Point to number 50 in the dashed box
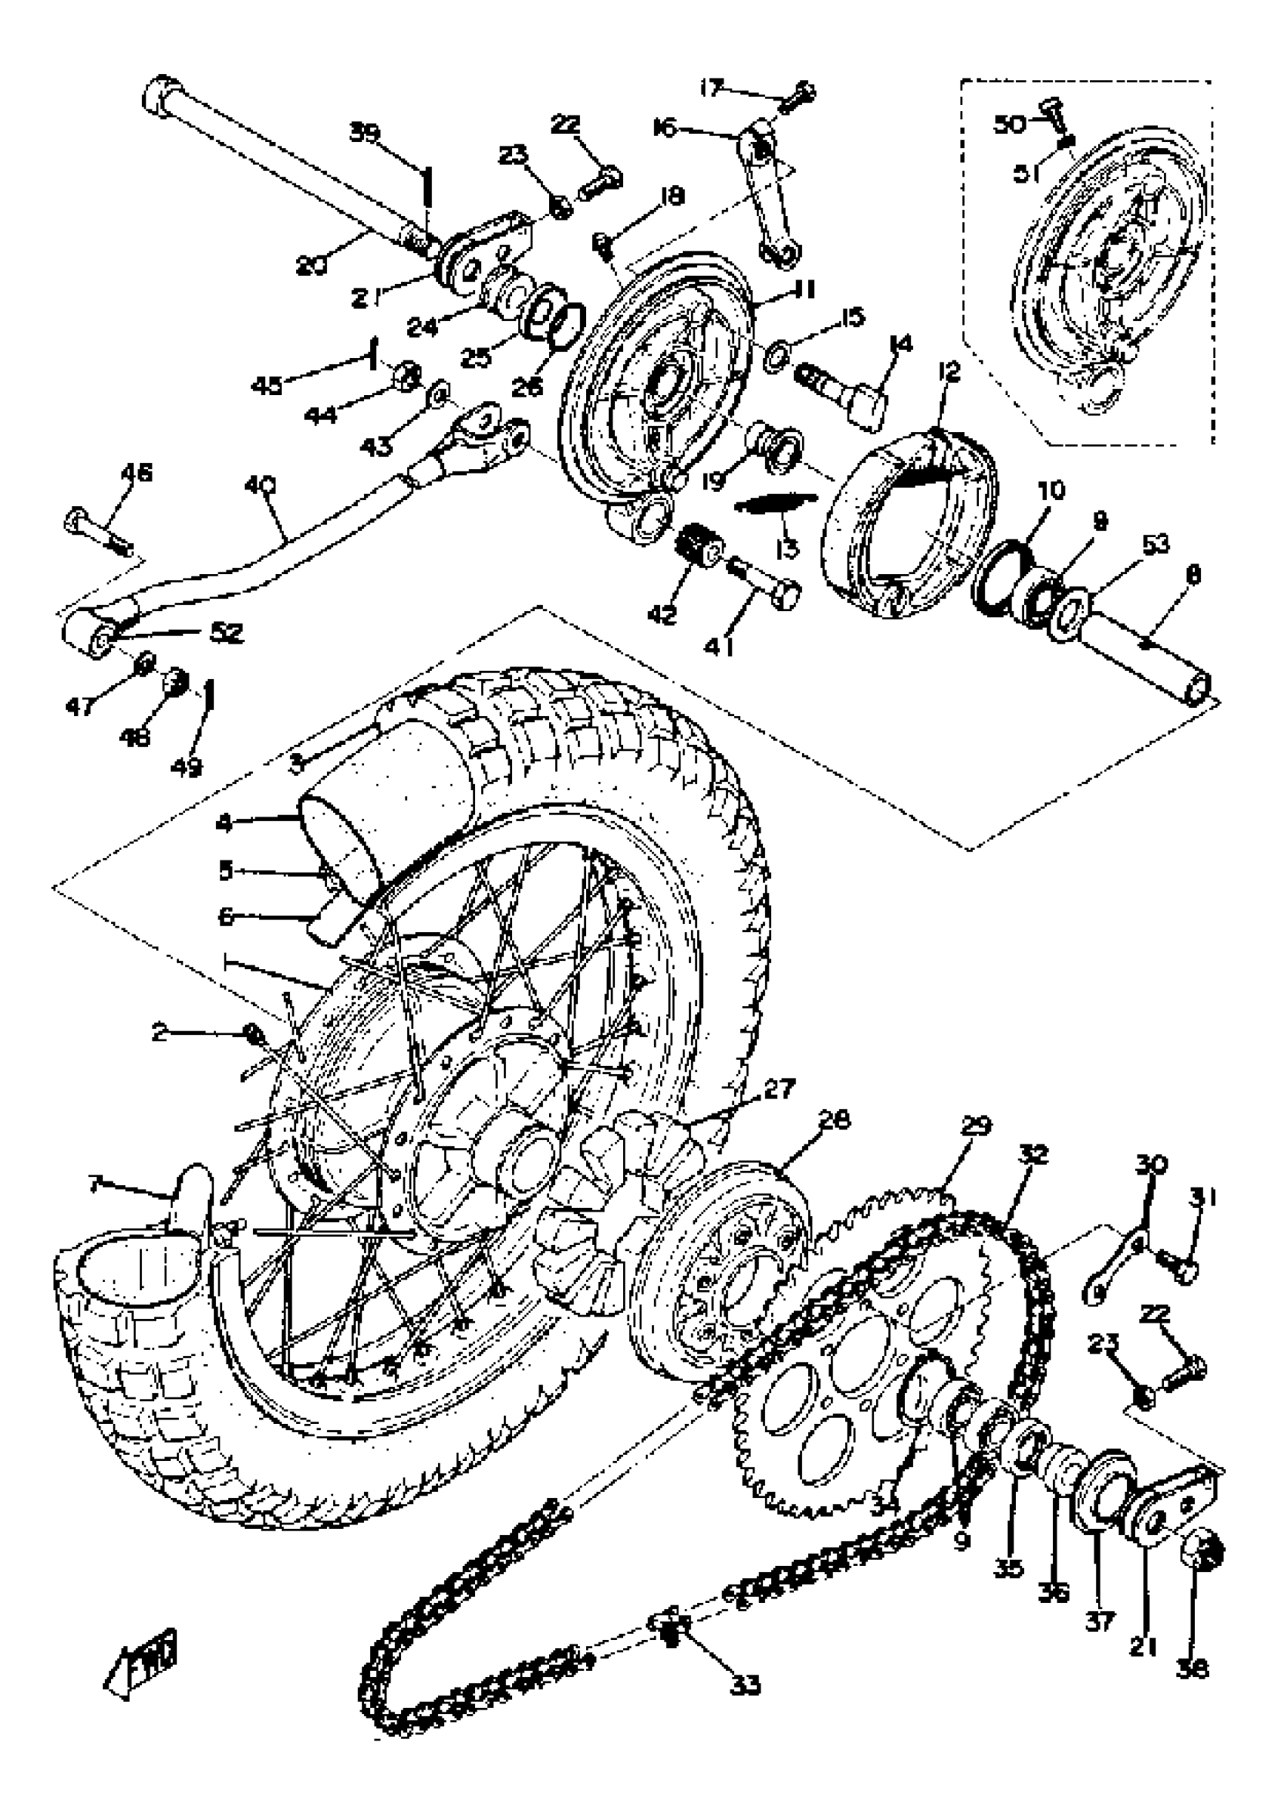(1009, 125)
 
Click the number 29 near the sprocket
(976, 1126)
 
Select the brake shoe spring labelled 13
(776, 505)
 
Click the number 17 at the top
(713, 87)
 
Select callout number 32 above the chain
(1034, 1154)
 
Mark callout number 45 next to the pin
(267, 385)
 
